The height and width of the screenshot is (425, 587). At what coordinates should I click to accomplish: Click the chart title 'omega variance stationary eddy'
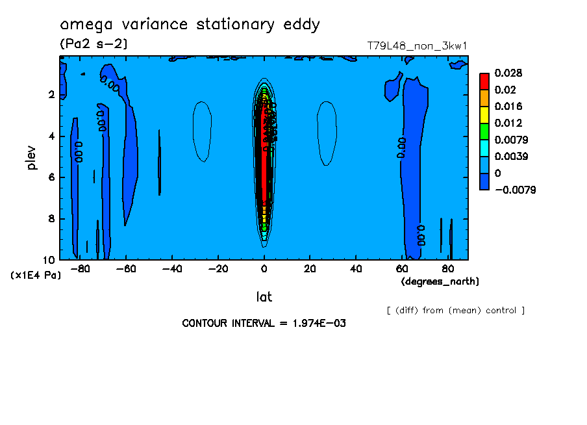click(x=190, y=25)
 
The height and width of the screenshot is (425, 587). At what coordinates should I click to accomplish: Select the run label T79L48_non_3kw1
click(x=418, y=46)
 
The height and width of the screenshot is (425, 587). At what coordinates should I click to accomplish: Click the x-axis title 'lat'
click(x=263, y=297)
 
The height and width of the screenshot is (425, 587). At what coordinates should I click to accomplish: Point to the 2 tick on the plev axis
click(x=51, y=95)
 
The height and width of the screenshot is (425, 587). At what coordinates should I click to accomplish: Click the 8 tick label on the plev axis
click(x=51, y=219)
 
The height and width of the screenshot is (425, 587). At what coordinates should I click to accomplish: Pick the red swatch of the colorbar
click(x=484, y=81)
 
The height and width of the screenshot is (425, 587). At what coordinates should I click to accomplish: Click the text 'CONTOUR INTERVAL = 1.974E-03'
click(x=264, y=323)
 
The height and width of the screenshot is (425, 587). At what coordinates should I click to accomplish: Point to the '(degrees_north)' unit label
click(x=440, y=281)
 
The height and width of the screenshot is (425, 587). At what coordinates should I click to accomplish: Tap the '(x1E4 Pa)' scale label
click(x=36, y=276)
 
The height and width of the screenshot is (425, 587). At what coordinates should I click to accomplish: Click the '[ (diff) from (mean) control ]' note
click(x=455, y=310)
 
